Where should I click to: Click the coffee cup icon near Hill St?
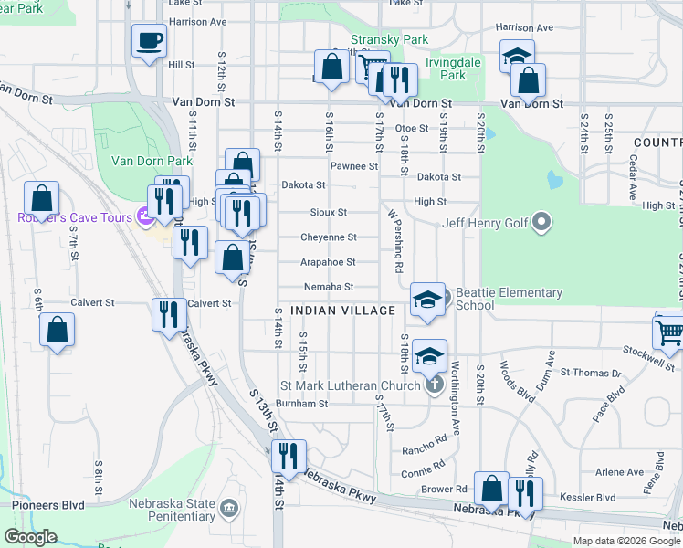click(150, 40)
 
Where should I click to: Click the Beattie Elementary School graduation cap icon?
click(426, 299)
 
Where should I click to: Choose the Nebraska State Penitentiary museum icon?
click(228, 506)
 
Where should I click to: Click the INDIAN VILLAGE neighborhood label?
click(343, 311)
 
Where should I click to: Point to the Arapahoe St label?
click(328, 262)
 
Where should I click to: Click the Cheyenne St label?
click(328, 237)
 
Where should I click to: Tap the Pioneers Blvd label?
click(48, 505)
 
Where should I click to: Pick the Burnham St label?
click(301, 403)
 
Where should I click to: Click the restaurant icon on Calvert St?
click(169, 315)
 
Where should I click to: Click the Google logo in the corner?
click(30, 537)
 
